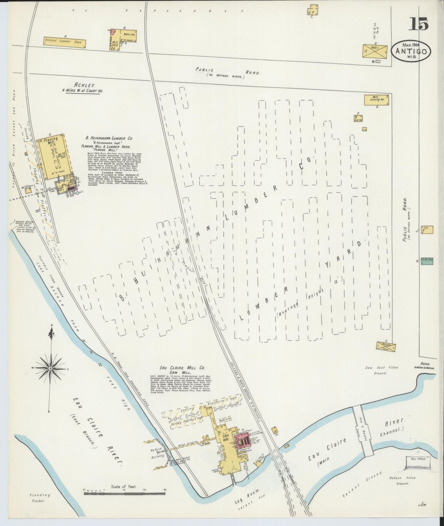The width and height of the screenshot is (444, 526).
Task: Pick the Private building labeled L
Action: point(386,347)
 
